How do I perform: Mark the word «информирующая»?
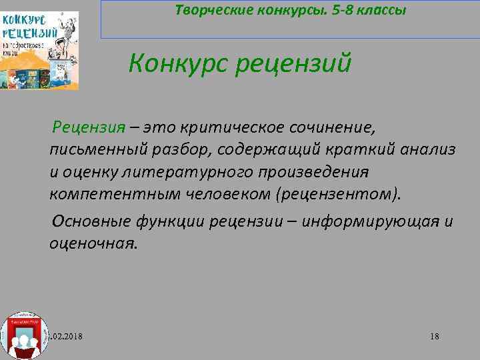[x=368, y=221]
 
